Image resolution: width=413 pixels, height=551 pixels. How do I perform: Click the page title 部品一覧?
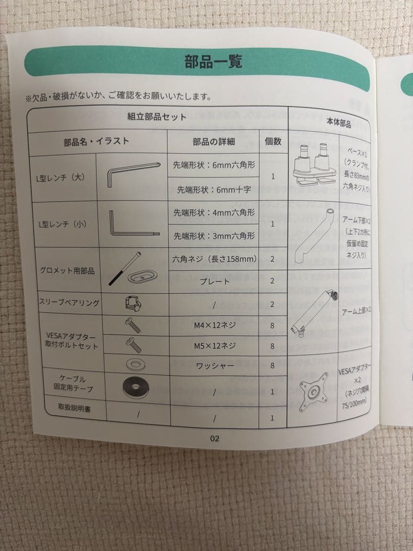click(213, 62)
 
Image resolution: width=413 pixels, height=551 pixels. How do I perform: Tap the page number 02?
click(215, 438)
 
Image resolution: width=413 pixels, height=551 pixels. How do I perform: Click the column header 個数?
click(273, 141)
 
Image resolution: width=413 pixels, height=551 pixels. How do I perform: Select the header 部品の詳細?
click(213, 142)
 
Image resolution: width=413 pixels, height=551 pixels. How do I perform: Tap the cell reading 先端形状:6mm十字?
click(214, 190)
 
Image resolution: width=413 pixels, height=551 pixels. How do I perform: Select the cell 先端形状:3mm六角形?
click(214, 236)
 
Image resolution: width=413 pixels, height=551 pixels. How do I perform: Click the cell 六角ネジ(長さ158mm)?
click(214, 259)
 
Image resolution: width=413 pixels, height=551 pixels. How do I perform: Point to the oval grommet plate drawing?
click(142, 277)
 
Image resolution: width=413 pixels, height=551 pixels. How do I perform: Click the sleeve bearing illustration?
click(133, 303)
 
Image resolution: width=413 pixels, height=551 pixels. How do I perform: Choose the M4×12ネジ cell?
click(215, 325)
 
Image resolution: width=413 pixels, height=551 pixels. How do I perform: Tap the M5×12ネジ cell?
click(215, 346)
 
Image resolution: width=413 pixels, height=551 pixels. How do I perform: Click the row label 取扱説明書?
click(74, 408)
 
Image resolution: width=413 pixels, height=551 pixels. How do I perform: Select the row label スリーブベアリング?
click(69, 303)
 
